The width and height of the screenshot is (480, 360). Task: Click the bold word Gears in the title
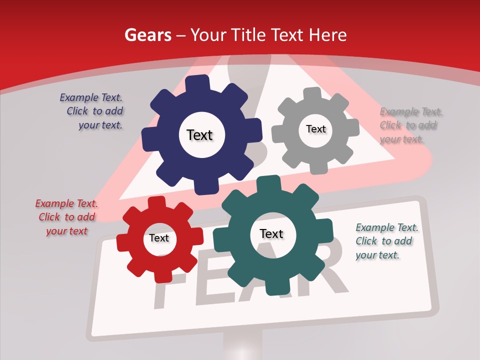147,35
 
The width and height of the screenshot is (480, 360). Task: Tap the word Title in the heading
248,35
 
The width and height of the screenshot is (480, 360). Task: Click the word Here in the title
328,35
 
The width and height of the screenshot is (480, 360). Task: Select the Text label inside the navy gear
199,135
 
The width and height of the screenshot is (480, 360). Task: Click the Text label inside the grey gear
315,129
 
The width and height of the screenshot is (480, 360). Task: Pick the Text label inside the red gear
159,238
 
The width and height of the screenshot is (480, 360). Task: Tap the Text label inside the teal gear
271,233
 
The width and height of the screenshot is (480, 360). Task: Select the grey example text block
409,125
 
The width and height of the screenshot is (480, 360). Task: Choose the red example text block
66,217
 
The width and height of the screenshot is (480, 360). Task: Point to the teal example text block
386,241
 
